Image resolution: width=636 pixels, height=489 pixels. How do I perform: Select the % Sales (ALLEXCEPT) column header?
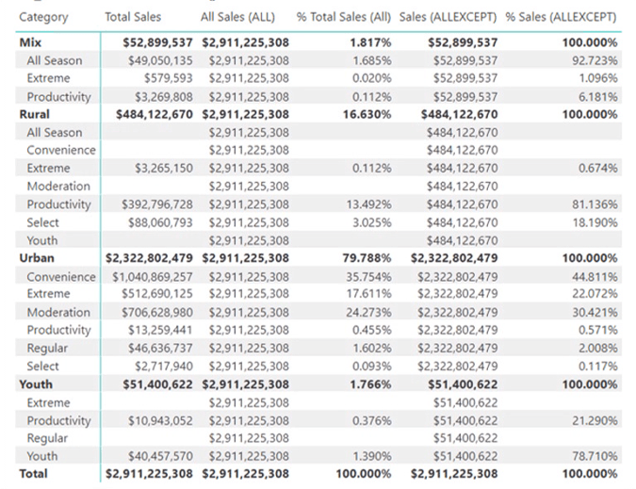pyautogui.click(x=561, y=17)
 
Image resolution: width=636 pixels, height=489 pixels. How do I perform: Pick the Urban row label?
pyautogui.click(x=37, y=258)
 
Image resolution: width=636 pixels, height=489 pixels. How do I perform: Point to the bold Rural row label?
pyautogui.click(x=34, y=114)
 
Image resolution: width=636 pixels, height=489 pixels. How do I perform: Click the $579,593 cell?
pyautogui.click(x=168, y=78)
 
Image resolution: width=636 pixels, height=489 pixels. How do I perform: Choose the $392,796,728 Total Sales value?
pyautogui.click(x=155, y=204)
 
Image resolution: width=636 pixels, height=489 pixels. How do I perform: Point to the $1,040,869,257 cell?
pyautogui.click(x=152, y=277)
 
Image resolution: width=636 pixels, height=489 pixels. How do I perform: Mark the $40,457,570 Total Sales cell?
pyautogui.click(x=158, y=456)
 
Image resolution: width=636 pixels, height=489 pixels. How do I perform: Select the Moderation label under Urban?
pyautogui.click(x=58, y=313)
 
